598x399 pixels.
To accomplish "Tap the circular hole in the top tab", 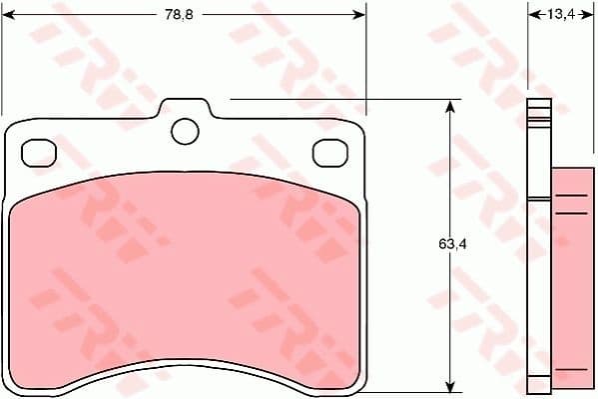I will pyautogui.click(x=185, y=130).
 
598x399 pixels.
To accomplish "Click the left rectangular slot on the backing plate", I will pyautogui.click(x=39, y=151).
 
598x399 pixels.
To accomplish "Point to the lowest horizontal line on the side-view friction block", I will pyautogui.click(x=571, y=370).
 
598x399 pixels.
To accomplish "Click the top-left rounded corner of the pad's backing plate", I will pyautogui.click(x=14, y=128).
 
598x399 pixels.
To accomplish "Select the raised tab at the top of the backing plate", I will pyautogui.click(x=185, y=108).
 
